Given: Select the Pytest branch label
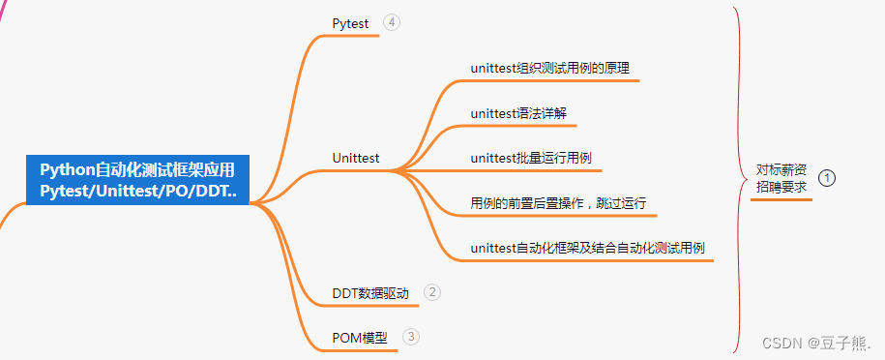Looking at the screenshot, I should tap(350, 23).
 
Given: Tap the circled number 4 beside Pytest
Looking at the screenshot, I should tap(391, 22).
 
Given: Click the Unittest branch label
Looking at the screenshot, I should tap(355, 158).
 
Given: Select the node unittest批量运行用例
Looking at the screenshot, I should tap(530, 158).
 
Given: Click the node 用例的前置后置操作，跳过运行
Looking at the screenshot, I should tap(557, 203).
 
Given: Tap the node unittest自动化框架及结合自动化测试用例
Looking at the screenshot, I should tap(587, 248).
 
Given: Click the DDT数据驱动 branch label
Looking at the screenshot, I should tap(370, 293).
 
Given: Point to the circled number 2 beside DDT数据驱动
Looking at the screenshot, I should tap(431, 291).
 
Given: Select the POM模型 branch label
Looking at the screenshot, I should tap(359, 338).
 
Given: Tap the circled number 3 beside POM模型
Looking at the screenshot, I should tap(411, 337).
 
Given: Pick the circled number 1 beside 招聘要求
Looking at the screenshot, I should tap(827, 178).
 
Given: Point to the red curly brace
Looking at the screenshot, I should tap(740, 180).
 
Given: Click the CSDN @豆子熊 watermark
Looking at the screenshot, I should tap(815, 343).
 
